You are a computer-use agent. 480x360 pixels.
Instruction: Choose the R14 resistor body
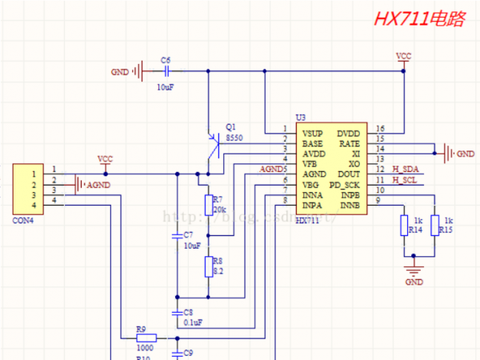(x=404, y=226)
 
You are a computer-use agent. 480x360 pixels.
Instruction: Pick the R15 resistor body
(x=434, y=226)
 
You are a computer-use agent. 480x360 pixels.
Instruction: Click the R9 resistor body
(x=145, y=338)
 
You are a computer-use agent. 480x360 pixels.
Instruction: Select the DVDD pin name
(x=348, y=133)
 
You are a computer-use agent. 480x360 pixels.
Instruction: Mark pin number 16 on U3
(x=379, y=129)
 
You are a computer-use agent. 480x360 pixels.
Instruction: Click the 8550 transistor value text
(x=234, y=138)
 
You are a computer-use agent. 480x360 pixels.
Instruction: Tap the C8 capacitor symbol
(x=177, y=312)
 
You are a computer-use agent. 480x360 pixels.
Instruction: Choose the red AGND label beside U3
(x=271, y=170)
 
